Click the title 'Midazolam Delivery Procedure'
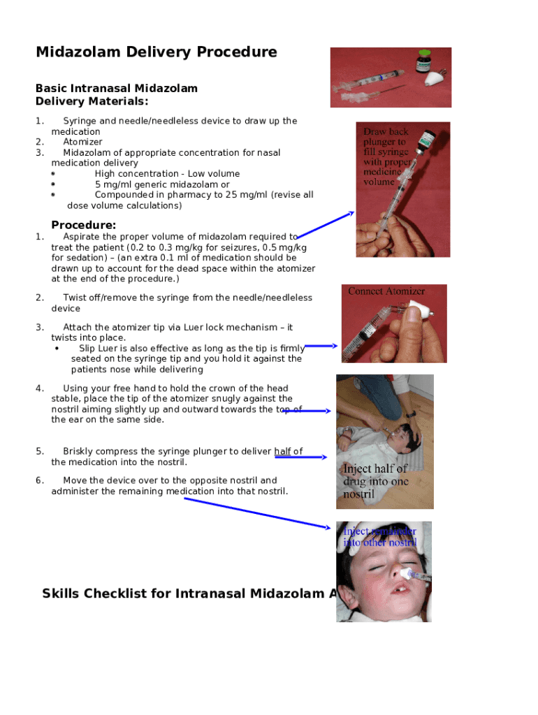coord(157,52)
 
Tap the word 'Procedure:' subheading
coord(84,225)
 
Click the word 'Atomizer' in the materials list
coord(82,142)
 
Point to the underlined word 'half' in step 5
coord(282,451)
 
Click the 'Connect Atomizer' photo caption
coord(386,291)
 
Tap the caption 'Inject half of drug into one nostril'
coord(376,481)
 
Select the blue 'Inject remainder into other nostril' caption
coord(379,537)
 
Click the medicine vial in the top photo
coord(422,61)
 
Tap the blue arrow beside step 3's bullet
coord(321,346)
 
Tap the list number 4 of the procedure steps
coord(40,388)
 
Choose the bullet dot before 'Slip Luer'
coord(57,348)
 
